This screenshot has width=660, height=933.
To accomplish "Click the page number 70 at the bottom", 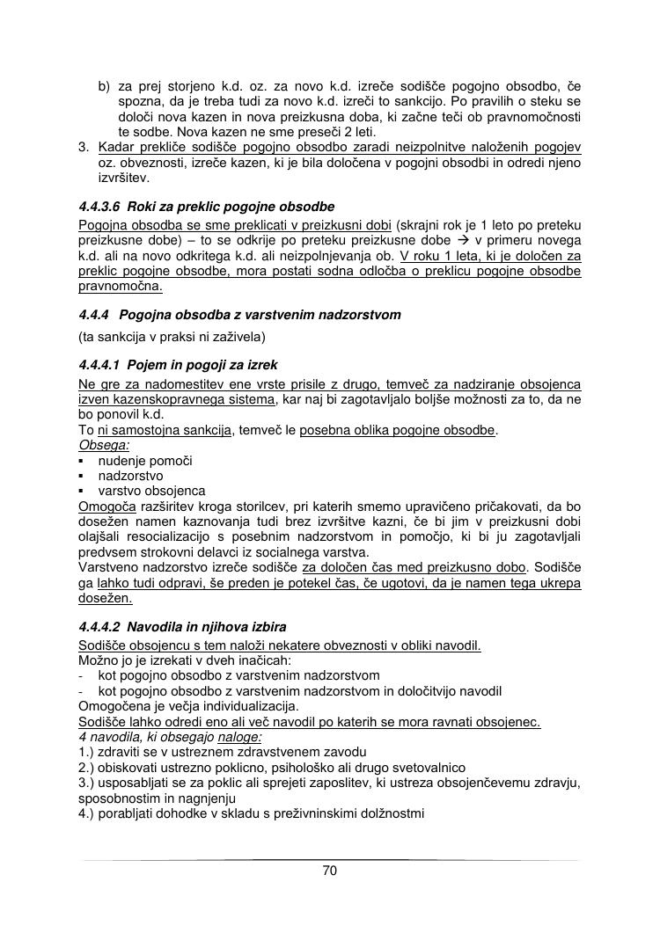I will click(x=330, y=871).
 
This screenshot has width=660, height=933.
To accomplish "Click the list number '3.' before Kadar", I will click(x=85, y=147).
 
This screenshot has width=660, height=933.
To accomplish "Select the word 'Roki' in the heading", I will click(x=141, y=208).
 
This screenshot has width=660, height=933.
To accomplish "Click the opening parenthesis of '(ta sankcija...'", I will click(x=81, y=336).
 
